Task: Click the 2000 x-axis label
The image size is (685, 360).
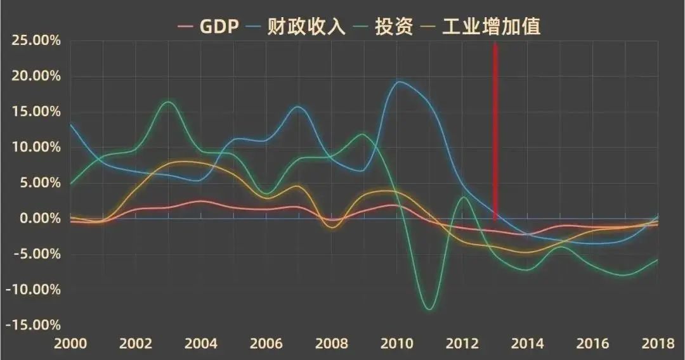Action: [x=70, y=344]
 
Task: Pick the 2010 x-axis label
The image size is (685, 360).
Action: [x=397, y=344]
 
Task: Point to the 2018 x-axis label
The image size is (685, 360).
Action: [x=658, y=344]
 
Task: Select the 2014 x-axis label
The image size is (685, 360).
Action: [x=528, y=344]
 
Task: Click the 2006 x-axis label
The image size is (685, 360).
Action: [x=266, y=344]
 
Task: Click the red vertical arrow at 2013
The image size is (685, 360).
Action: [x=495, y=127]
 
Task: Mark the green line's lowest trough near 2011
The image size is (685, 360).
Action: [x=429, y=309]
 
